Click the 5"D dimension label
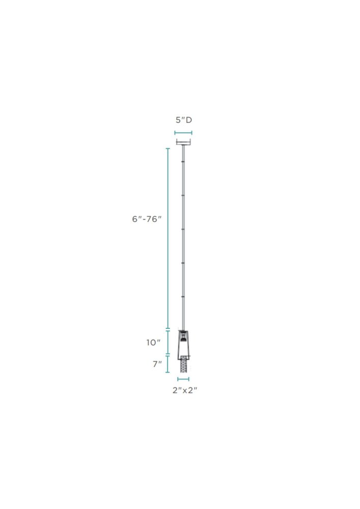tap(184, 120)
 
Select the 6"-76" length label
tap(147, 219)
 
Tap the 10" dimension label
tap(153, 343)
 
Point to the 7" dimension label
tap(157, 364)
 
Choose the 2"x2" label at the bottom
tap(185, 390)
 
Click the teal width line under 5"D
tap(183, 132)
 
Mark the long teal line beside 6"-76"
tap(168, 239)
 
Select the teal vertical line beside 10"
tap(168, 343)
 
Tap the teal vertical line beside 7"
tap(168, 364)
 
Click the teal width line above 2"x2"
tap(183, 379)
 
